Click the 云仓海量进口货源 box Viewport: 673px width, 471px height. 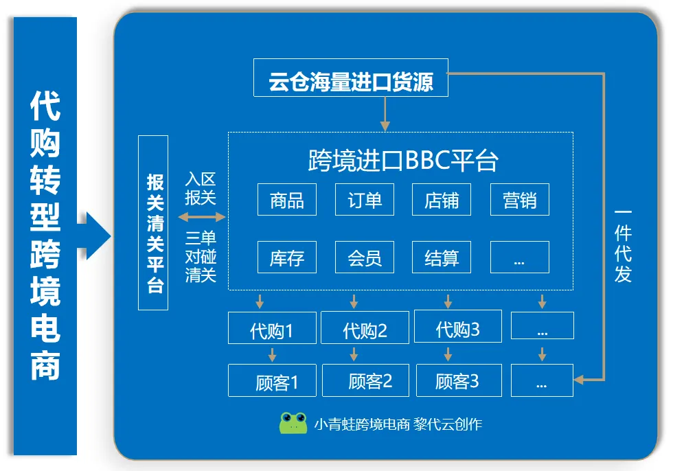[351, 78]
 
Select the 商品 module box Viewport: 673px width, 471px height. [287, 200]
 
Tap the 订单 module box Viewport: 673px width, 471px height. [365, 200]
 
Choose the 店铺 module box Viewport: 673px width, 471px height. [442, 200]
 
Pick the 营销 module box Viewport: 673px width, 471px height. [520, 200]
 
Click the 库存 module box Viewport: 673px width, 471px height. [287, 257]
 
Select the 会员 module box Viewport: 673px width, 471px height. [365, 257]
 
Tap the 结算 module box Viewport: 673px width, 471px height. [442, 257]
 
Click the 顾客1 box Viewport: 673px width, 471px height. [272, 380]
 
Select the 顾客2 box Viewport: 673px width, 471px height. [365, 380]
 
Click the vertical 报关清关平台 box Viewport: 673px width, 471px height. [153, 222]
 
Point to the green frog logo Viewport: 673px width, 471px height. [293, 423]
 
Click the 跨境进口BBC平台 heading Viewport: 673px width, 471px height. [403, 160]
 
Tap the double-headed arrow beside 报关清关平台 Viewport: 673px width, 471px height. [201, 218]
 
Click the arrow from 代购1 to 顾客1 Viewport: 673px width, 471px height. [272, 354]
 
